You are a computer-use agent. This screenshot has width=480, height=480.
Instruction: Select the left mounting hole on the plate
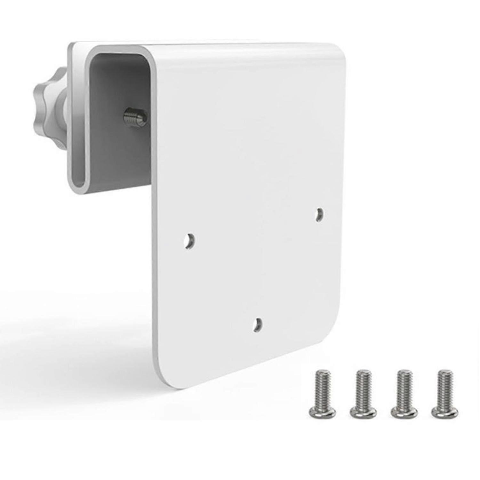click(190, 240)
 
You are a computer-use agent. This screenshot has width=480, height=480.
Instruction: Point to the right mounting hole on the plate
click(319, 215)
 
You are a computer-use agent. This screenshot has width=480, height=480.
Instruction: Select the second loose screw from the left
click(363, 394)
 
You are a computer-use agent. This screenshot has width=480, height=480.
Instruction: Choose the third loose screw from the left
click(404, 394)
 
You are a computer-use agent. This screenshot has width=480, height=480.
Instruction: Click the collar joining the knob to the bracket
click(62, 106)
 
